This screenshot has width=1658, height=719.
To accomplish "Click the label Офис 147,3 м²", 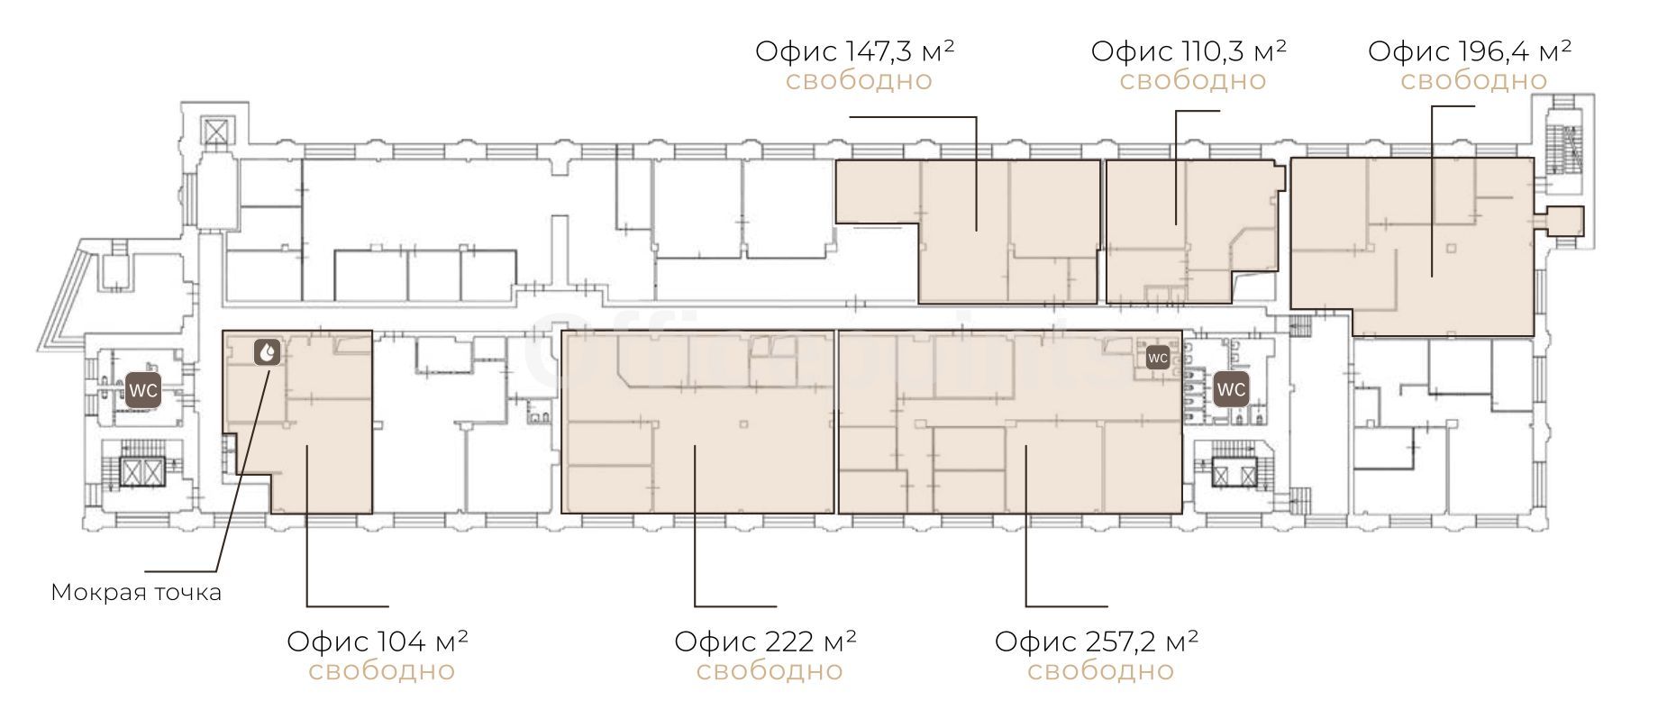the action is pyautogui.click(x=855, y=50).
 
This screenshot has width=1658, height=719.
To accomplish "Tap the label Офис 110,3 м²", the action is pyautogui.click(x=1189, y=50).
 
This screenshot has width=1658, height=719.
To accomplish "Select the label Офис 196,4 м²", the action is pyautogui.click(x=1470, y=50).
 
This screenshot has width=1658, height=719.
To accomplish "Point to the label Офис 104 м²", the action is pyautogui.click(x=378, y=641).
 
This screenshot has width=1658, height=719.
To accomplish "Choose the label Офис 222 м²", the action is pyautogui.click(x=766, y=641).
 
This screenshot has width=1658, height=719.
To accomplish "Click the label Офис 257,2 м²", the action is pyautogui.click(x=1097, y=641).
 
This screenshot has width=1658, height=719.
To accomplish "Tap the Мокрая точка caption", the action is pyautogui.click(x=136, y=593).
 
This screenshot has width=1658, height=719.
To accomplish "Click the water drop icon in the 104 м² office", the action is pyautogui.click(x=268, y=352).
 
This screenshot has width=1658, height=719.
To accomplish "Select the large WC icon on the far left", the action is pyautogui.click(x=144, y=390).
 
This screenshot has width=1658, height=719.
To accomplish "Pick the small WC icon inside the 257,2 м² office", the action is pyautogui.click(x=1158, y=358).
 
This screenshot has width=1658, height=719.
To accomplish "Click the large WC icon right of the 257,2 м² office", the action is pyautogui.click(x=1231, y=389).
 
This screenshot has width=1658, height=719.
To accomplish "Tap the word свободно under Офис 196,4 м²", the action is pyautogui.click(x=1473, y=80).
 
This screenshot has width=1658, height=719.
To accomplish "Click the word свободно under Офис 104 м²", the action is pyautogui.click(x=382, y=670).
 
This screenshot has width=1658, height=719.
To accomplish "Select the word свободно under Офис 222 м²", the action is pyautogui.click(x=770, y=670).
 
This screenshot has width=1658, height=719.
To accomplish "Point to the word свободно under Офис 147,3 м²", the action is pyautogui.click(x=859, y=80).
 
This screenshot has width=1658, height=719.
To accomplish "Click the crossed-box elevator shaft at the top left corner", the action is pyautogui.click(x=218, y=132).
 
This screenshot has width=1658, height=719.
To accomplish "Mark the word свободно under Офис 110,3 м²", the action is pyautogui.click(x=1193, y=80).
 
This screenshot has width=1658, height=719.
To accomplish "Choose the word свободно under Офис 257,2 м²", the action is pyautogui.click(x=1100, y=670).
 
